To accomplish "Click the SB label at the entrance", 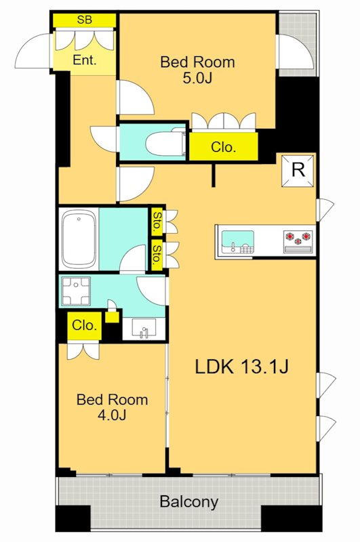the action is [85, 20].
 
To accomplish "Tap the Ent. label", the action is [85, 60].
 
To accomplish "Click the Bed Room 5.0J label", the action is [197, 70].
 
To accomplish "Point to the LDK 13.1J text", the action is [242, 367].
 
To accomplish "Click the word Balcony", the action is [189, 501].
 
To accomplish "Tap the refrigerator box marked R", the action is [298, 171].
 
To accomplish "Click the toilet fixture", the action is [165, 142].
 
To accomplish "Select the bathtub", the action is [79, 239].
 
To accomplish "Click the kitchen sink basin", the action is [237, 241].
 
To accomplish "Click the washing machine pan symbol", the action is [75, 291].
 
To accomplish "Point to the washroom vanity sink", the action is [144, 328].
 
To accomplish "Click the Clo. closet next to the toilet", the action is [224, 146].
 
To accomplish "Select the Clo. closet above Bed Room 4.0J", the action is [84, 325].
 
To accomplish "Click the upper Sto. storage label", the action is [157, 222].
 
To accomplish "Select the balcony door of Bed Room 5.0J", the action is [296, 51].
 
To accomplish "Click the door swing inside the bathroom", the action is [132, 257].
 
